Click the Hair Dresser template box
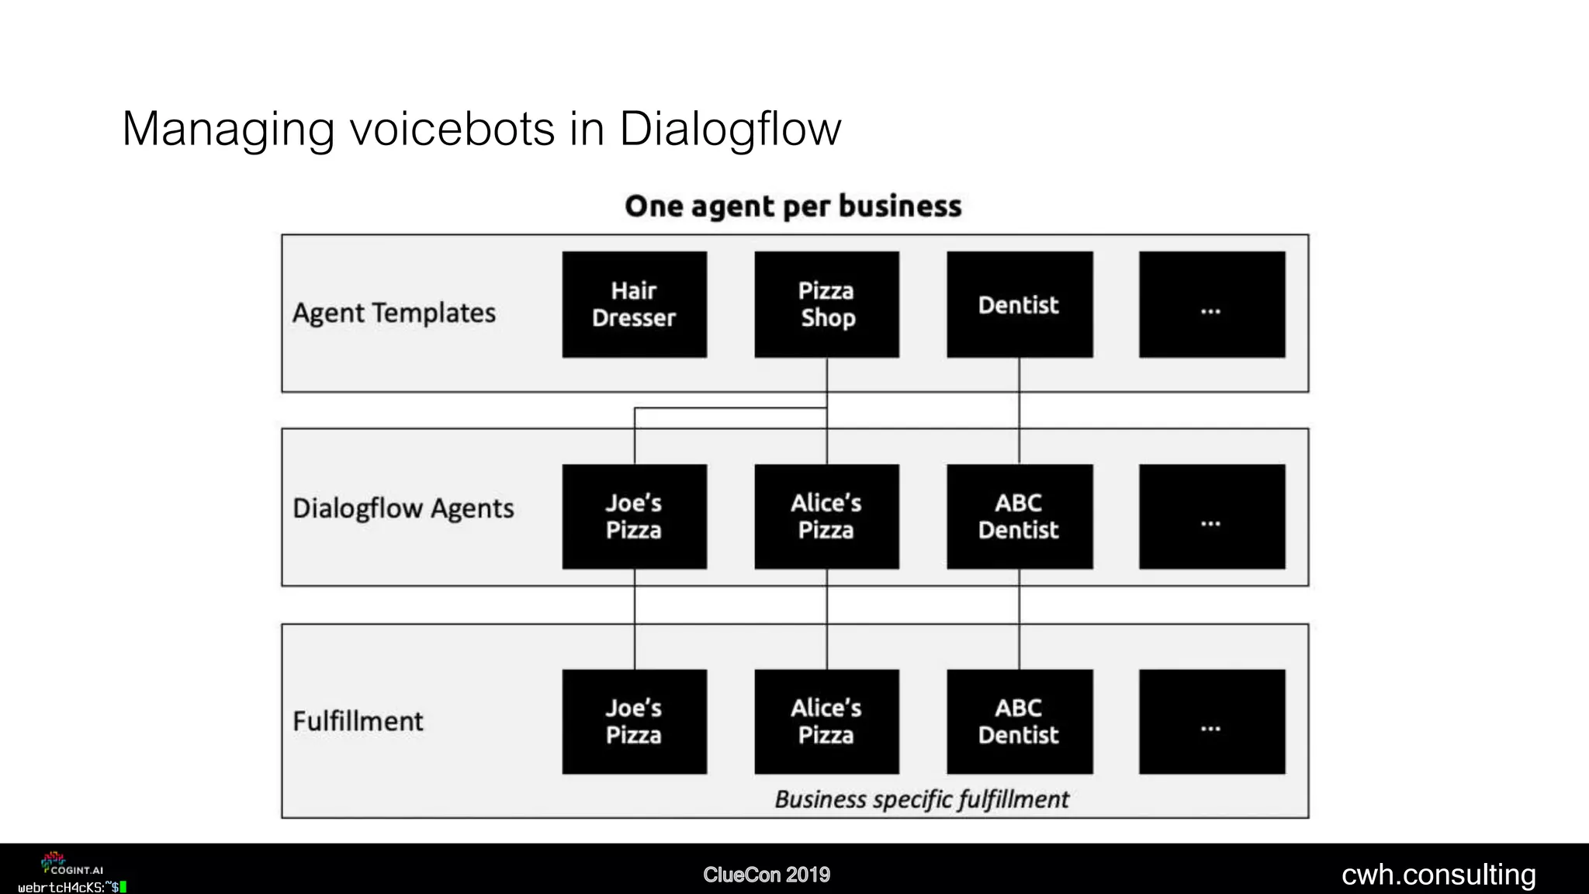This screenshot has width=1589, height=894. click(634, 304)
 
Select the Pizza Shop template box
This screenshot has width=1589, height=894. click(826, 304)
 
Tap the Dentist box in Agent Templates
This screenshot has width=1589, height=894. click(1019, 304)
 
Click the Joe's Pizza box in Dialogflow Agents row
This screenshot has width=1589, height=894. click(634, 517)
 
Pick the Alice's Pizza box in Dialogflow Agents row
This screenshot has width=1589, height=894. click(826, 517)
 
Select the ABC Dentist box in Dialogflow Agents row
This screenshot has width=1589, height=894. click(1019, 517)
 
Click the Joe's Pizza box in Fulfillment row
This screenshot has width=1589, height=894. click(634, 722)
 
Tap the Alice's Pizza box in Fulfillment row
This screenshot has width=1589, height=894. click(826, 722)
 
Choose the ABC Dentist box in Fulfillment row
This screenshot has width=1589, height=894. click(1019, 722)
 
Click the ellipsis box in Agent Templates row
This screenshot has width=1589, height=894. click(1211, 304)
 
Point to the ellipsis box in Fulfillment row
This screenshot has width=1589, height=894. click(1211, 722)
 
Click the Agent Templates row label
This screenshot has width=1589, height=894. click(394, 313)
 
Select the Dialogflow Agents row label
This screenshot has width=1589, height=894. click(403, 508)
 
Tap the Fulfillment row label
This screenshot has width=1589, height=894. click(358, 721)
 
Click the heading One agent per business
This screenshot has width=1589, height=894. click(793, 206)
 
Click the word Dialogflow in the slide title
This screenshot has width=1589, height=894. click(729, 129)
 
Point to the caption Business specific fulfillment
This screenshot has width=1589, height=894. click(921, 799)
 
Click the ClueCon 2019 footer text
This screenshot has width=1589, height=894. click(767, 875)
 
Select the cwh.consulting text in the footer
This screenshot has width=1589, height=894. click(1438, 875)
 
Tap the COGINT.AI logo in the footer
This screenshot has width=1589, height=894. click(71, 864)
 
